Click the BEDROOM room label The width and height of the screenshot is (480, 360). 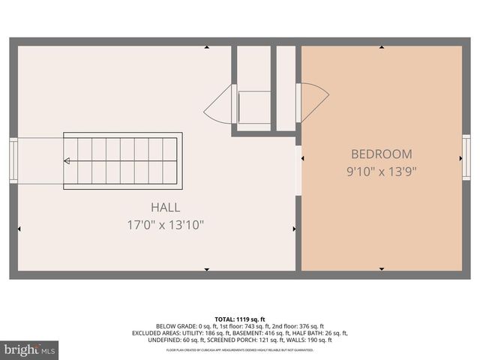[381, 154]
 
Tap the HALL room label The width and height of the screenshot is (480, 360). [165, 208]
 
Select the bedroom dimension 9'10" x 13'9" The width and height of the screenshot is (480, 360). [381, 171]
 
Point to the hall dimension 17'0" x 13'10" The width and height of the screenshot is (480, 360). [165, 224]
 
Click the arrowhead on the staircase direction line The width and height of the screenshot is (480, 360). [67, 160]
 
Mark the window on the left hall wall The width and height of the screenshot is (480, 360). [13, 160]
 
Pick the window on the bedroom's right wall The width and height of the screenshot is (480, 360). [466, 158]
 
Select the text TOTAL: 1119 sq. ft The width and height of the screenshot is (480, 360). [239, 319]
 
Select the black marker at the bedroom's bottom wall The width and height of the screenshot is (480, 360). [381, 268]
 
